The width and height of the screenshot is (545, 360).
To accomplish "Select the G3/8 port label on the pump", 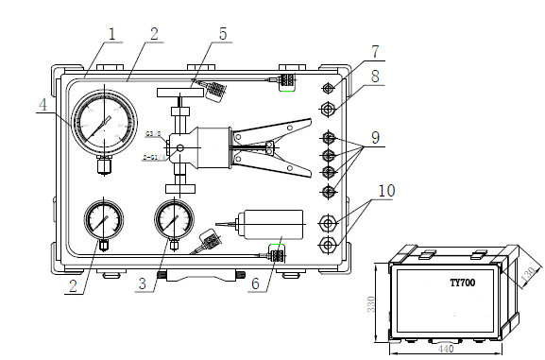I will coord(153,134).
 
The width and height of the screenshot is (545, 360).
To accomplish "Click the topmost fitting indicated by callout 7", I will coord(328,88).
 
